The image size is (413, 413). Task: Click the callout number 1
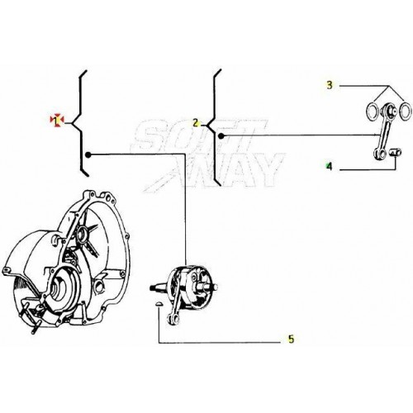coord(56,121)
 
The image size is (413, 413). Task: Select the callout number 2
coord(196,122)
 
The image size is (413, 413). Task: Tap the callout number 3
coord(329,85)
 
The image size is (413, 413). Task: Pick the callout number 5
coord(290,339)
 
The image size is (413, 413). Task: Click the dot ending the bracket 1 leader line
coord(88,154)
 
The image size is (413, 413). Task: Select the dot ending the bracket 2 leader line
coord(221,135)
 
